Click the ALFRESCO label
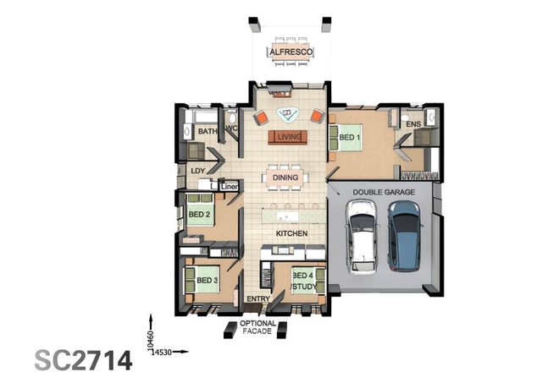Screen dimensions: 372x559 point(291,52)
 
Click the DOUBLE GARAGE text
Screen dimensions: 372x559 point(384,193)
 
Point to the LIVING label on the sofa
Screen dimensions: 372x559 point(288,136)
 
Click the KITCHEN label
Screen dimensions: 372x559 point(291,232)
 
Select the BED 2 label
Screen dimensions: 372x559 point(198,214)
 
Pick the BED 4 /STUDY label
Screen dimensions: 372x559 point(303,282)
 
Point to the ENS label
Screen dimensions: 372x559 point(413,125)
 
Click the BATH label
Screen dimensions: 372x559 point(208,132)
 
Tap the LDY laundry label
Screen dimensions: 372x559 point(197,171)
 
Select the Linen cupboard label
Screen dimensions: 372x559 point(230,185)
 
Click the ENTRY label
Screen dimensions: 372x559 point(257,299)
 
